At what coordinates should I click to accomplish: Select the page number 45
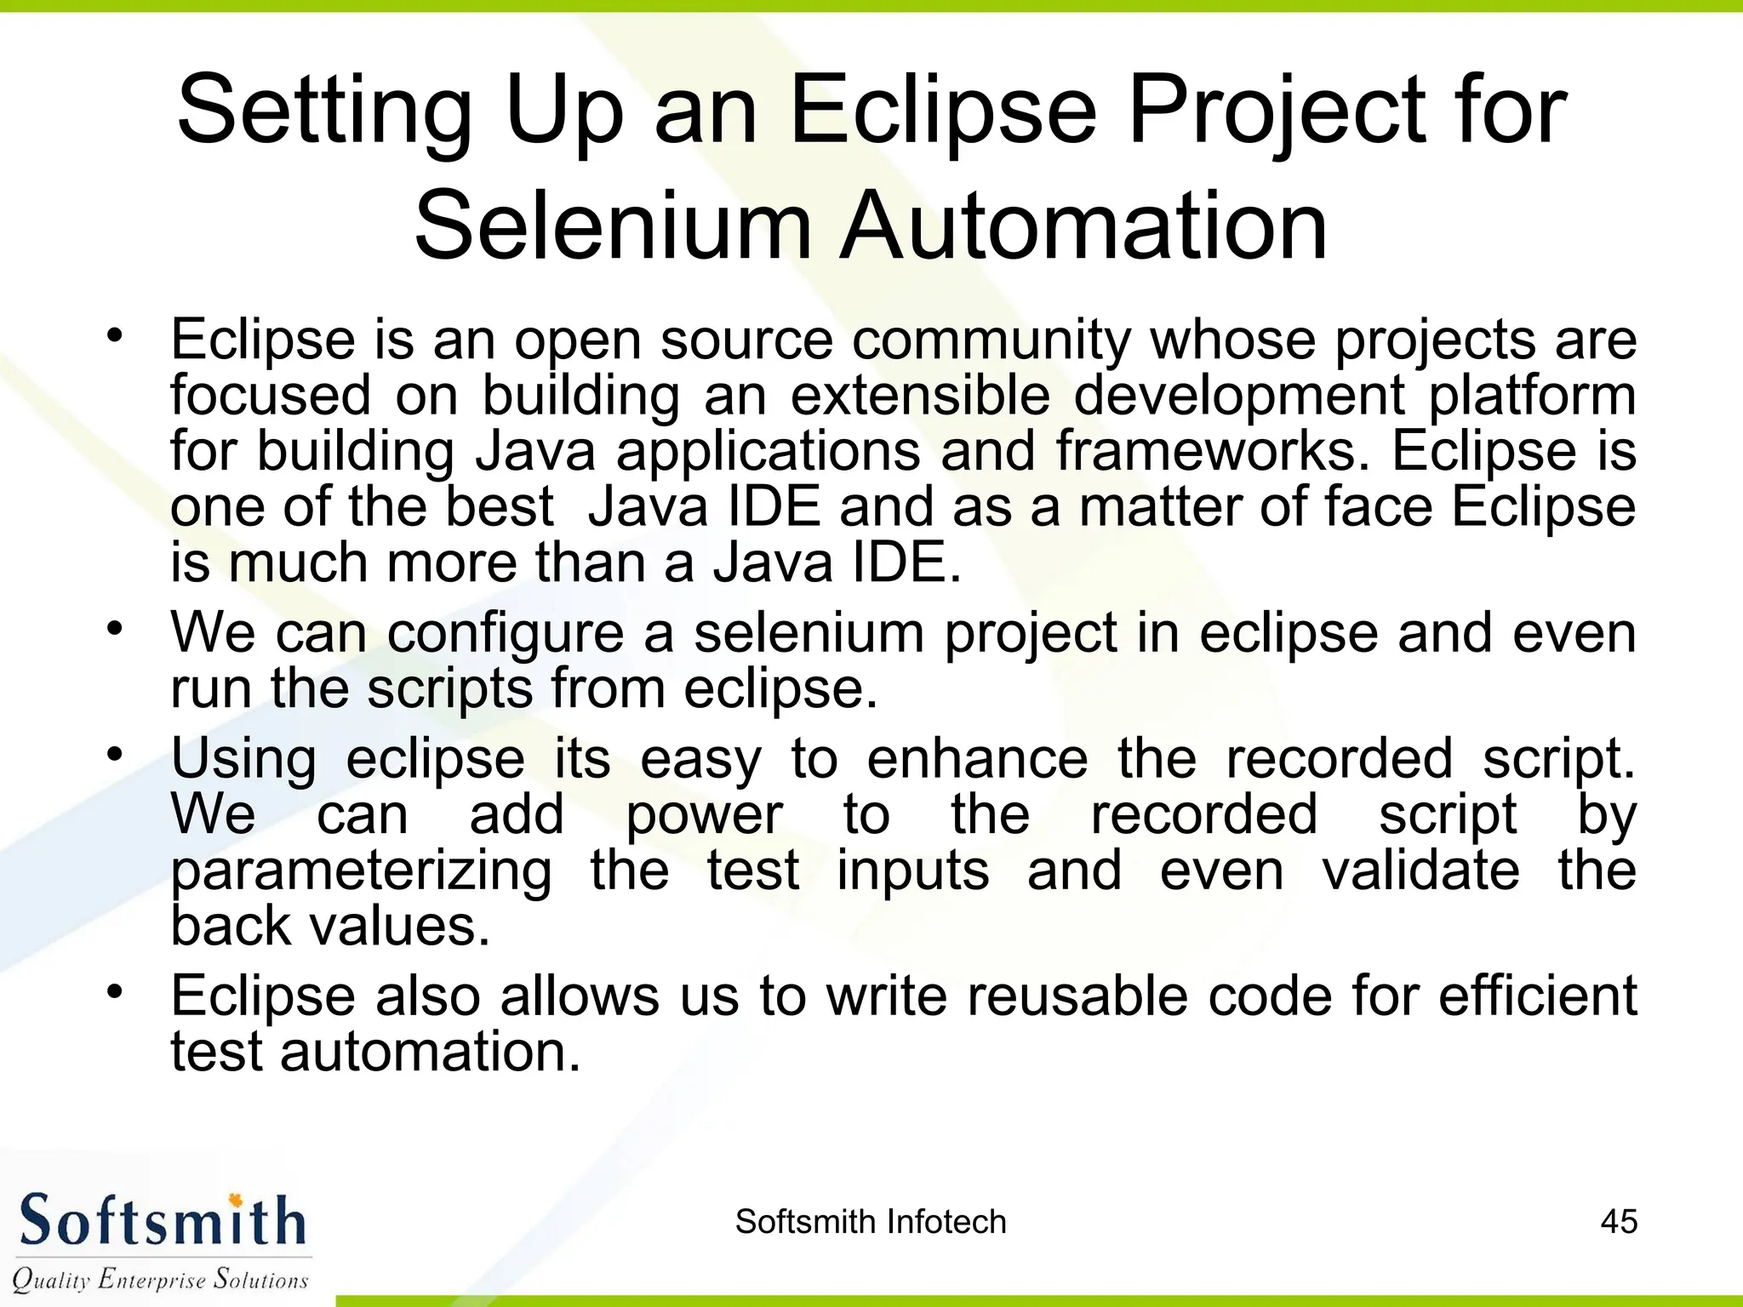1619,1222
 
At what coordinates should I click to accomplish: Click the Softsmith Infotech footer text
871,1222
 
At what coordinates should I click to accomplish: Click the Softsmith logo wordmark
162,1222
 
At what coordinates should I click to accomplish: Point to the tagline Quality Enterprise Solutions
160,1279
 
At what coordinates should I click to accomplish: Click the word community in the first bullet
992,340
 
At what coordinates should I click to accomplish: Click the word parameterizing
362,872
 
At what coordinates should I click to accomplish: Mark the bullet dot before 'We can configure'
115,629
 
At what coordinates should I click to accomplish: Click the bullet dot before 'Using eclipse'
115,754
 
